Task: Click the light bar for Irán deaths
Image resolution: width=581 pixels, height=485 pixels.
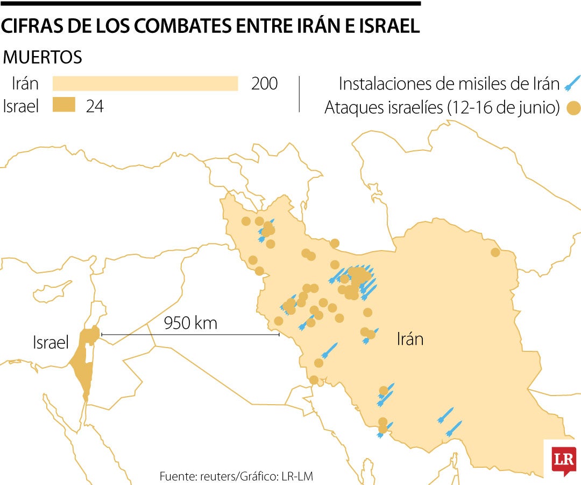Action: tap(145, 84)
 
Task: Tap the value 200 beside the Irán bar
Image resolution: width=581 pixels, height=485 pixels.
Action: tap(264, 84)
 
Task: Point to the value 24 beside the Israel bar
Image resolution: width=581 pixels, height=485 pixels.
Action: tap(95, 106)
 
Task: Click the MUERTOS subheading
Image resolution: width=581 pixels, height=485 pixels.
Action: tap(43, 57)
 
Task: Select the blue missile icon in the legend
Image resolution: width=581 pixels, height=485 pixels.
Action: tap(571, 83)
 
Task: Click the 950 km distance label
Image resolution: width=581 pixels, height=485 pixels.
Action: tap(190, 323)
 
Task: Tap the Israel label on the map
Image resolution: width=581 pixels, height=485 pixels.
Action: tap(51, 342)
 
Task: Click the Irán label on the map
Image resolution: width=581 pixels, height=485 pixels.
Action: tap(410, 339)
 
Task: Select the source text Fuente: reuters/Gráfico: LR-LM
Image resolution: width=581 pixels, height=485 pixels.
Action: tap(236, 476)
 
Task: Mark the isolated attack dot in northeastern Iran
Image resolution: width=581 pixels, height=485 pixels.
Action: tap(495, 252)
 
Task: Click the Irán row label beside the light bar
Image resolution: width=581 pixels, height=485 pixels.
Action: tap(25, 84)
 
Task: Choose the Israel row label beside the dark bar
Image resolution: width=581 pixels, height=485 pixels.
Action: tap(21, 106)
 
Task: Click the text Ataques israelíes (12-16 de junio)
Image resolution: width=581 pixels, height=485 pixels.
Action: tap(442, 108)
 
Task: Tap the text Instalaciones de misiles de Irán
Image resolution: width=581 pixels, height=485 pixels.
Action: tap(449, 84)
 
